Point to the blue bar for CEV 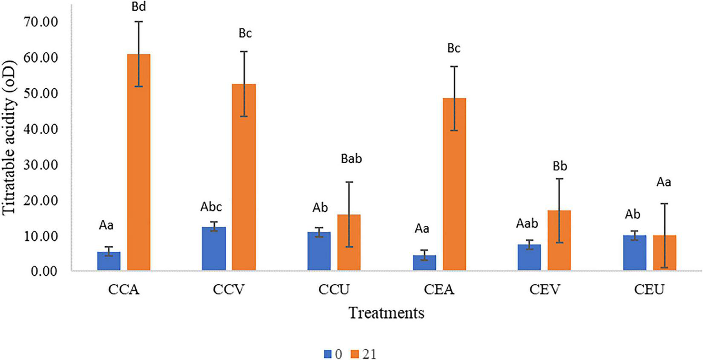coord(529,257)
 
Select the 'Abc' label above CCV coord(211,207)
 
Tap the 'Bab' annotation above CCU coord(351,159)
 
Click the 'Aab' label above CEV coord(527,223)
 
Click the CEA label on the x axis coord(439,290)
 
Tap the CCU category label coord(334,290)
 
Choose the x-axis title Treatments coord(387,314)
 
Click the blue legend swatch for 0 coord(328,354)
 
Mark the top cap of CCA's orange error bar coord(139,21)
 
